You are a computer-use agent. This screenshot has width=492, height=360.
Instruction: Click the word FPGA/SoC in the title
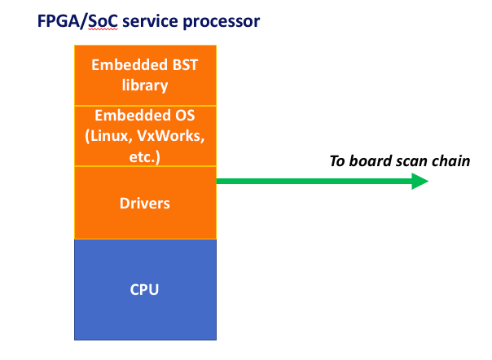(77, 21)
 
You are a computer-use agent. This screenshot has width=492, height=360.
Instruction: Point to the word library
(145, 86)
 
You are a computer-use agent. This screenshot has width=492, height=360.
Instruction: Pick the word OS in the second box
(185, 115)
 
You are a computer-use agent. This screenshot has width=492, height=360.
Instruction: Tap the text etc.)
(145, 156)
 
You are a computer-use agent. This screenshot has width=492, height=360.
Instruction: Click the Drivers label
(145, 204)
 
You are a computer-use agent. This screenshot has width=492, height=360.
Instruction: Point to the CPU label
(144, 289)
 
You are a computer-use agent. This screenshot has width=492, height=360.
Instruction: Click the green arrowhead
(420, 181)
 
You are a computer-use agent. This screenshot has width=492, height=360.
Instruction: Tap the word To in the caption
(337, 161)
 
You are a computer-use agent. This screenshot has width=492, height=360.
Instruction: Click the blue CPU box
(145, 289)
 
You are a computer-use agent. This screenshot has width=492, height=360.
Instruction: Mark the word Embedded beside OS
(133, 115)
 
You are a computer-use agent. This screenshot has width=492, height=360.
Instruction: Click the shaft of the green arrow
(314, 181)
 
